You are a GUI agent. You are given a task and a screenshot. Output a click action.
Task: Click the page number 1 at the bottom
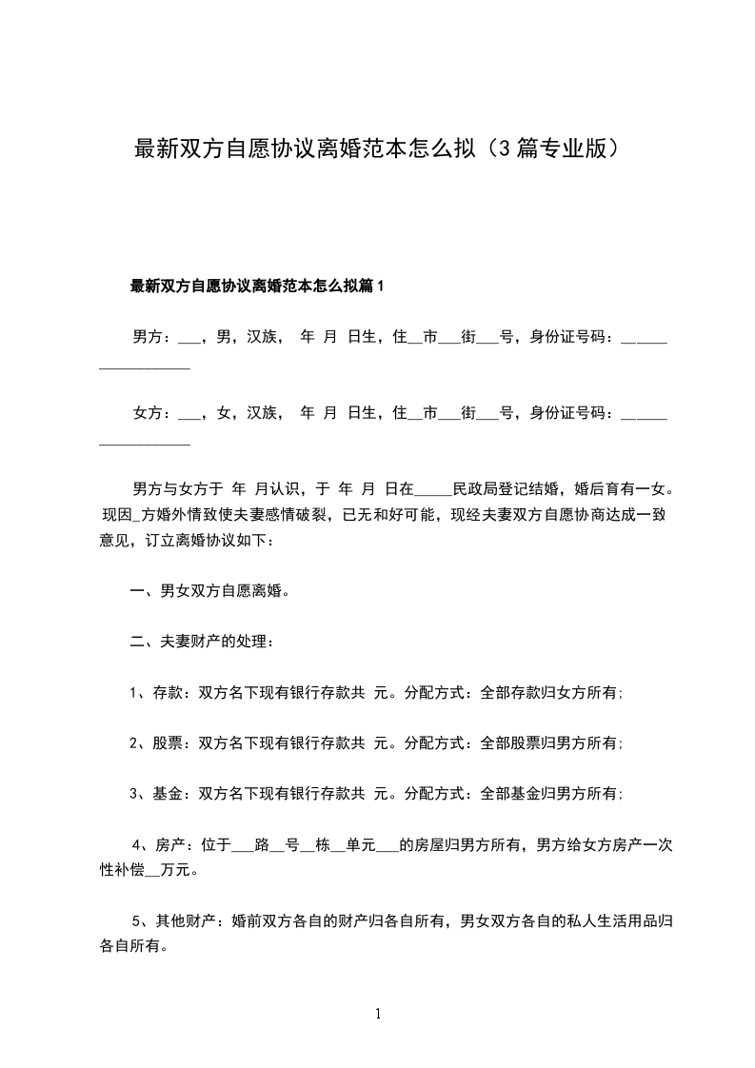pyautogui.click(x=378, y=1015)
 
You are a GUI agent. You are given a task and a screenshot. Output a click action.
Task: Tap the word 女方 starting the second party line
pyautogui.click(x=146, y=413)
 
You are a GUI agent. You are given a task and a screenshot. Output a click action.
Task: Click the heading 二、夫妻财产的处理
pyautogui.click(x=203, y=643)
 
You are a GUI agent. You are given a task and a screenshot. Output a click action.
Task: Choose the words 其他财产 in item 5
pyautogui.click(x=185, y=921)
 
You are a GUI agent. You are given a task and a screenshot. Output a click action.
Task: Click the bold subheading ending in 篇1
pyautogui.click(x=256, y=286)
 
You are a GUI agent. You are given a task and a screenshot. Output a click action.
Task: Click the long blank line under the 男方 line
pyautogui.click(x=145, y=366)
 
